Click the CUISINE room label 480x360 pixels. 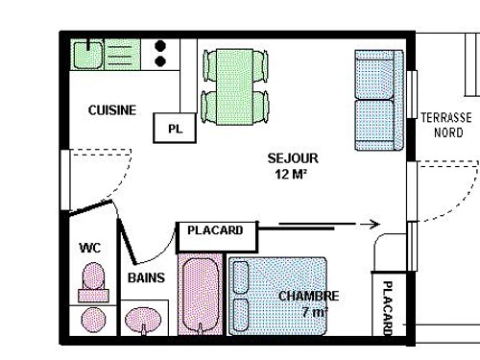[112, 110]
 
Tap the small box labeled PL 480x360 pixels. [174, 128]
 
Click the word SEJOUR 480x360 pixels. [292, 157]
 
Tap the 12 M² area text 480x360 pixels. [292, 174]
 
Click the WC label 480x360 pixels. [89, 248]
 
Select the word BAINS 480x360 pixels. [146, 278]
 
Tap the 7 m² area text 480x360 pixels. [315, 313]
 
